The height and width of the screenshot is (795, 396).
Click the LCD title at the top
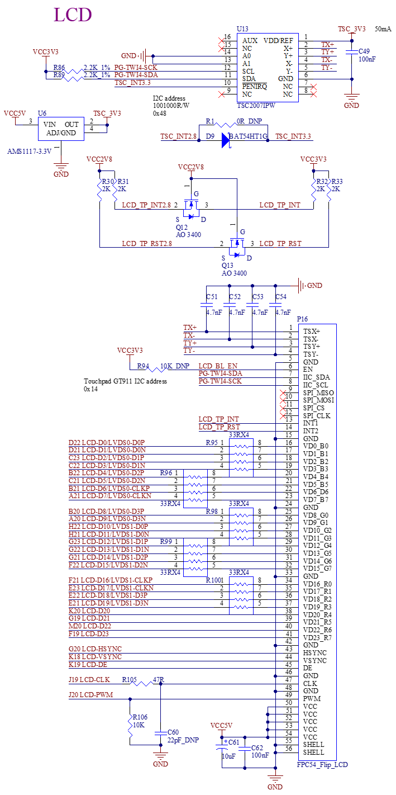pos(73,15)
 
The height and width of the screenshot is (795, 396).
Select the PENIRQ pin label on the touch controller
pos(255,87)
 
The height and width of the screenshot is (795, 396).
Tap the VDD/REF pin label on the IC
pos(278,41)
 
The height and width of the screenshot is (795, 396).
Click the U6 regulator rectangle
pos(61,129)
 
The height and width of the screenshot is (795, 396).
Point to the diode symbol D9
pos(226,140)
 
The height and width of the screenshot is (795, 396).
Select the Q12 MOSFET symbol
pos(192,211)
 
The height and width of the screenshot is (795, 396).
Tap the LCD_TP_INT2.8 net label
pos(146,205)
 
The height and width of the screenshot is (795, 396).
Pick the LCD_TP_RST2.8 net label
pos(146,244)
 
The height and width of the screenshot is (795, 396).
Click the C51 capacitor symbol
pos(207,305)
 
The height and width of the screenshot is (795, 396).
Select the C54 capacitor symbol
pos(276,305)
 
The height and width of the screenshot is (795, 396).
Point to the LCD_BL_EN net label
pos(218,366)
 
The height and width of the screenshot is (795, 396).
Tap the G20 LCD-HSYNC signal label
pos(95,649)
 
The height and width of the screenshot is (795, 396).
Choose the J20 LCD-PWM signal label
pos(91,695)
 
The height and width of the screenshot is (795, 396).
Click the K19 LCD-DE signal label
pos(88,665)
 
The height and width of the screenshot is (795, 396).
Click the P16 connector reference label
pos(303,319)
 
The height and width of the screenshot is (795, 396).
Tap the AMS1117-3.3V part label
pos(29,152)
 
